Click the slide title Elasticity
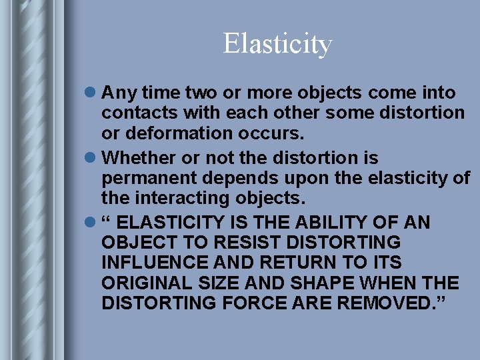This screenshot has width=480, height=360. click(x=277, y=44)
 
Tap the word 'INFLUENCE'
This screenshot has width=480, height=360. click(x=156, y=262)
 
